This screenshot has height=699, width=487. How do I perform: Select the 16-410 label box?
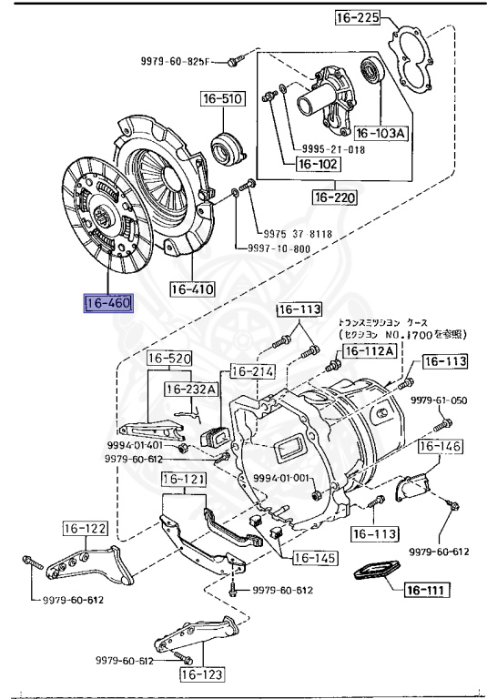pyautogui.click(x=192, y=290)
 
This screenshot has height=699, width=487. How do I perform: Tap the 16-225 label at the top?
pyautogui.click(x=357, y=18)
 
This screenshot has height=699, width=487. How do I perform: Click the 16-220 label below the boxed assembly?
pyautogui.click(x=334, y=197)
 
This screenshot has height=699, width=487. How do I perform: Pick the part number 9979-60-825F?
pyautogui.click(x=175, y=62)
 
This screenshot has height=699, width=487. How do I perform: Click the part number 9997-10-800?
pyautogui.click(x=279, y=248)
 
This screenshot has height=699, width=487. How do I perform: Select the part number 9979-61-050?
pyautogui.click(x=438, y=400)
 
